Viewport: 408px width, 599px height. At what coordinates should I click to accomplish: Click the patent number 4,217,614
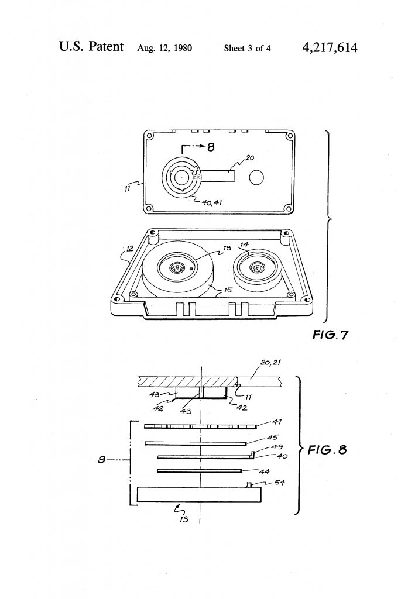tap(330, 48)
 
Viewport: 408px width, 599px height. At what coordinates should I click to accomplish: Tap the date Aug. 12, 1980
tap(164, 48)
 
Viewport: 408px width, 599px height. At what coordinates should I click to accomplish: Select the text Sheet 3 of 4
tap(248, 48)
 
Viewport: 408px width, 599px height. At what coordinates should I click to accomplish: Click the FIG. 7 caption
tap(330, 335)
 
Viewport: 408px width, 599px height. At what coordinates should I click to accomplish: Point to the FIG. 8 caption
tap(327, 450)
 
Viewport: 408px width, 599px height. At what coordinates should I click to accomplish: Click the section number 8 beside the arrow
tap(211, 147)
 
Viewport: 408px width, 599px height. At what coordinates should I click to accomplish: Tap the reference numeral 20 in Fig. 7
tap(250, 157)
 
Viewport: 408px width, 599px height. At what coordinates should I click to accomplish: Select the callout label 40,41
tap(212, 202)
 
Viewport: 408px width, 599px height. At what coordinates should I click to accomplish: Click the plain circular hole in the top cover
tap(256, 177)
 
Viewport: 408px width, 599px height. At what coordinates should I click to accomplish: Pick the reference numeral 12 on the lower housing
tap(129, 249)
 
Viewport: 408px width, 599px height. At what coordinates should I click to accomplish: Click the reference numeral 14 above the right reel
tap(244, 245)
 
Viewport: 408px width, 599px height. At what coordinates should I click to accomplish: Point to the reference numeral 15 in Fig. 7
tap(228, 290)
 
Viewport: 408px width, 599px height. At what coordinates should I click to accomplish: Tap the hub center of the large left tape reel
tap(177, 268)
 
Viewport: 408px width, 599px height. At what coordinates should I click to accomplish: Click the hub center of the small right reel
tap(258, 268)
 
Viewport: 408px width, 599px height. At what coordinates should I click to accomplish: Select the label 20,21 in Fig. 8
tap(270, 362)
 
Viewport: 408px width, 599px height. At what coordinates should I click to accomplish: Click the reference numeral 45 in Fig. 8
tap(273, 437)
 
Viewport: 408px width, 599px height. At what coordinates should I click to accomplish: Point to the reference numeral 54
tap(280, 482)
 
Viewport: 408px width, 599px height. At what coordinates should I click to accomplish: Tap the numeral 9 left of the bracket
tap(101, 459)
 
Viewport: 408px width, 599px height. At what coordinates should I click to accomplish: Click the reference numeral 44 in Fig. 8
tap(264, 472)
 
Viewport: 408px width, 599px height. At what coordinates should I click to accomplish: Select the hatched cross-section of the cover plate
tap(187, 381)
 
